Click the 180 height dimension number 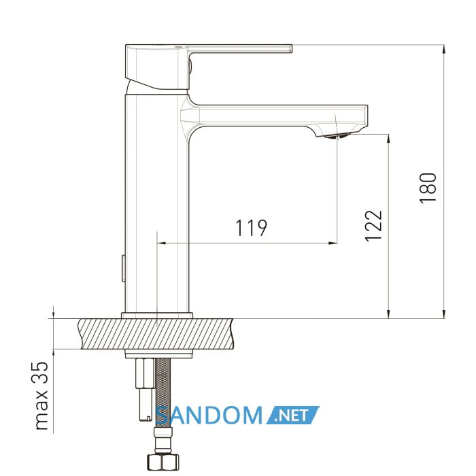point(428,187)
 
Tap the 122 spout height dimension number point(373,226)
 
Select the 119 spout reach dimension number point(252,228)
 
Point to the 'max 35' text point(41,396)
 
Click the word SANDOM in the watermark point(209,415)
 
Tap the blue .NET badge point(292,415)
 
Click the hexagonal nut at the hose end point(163,462)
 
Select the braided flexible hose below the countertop point(163,392)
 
